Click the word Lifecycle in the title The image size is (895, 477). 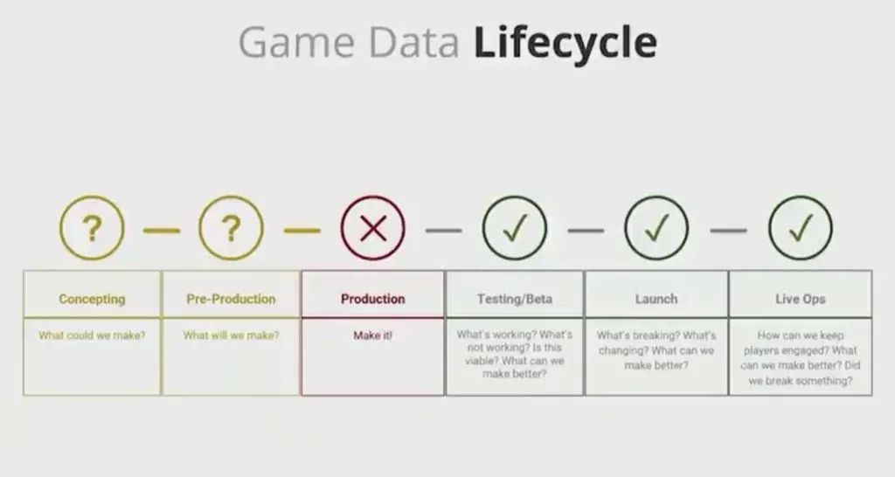click(565, 44)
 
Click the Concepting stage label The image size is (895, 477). click(92, 299)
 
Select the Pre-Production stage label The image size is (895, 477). click(231, 299)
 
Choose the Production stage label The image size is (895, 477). click(372, 299)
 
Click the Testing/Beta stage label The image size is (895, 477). click(514, 299)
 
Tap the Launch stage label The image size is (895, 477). click(656, 299)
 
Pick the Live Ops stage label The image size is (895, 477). click(801, 299)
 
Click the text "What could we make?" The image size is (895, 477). click(92, 335)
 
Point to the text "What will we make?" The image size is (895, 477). click(231, 335)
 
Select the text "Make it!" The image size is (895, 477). click(372, 335)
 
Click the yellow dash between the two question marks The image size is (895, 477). click(162, 231)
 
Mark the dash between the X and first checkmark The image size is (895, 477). click(443, 231)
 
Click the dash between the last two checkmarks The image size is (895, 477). click(728, 231)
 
